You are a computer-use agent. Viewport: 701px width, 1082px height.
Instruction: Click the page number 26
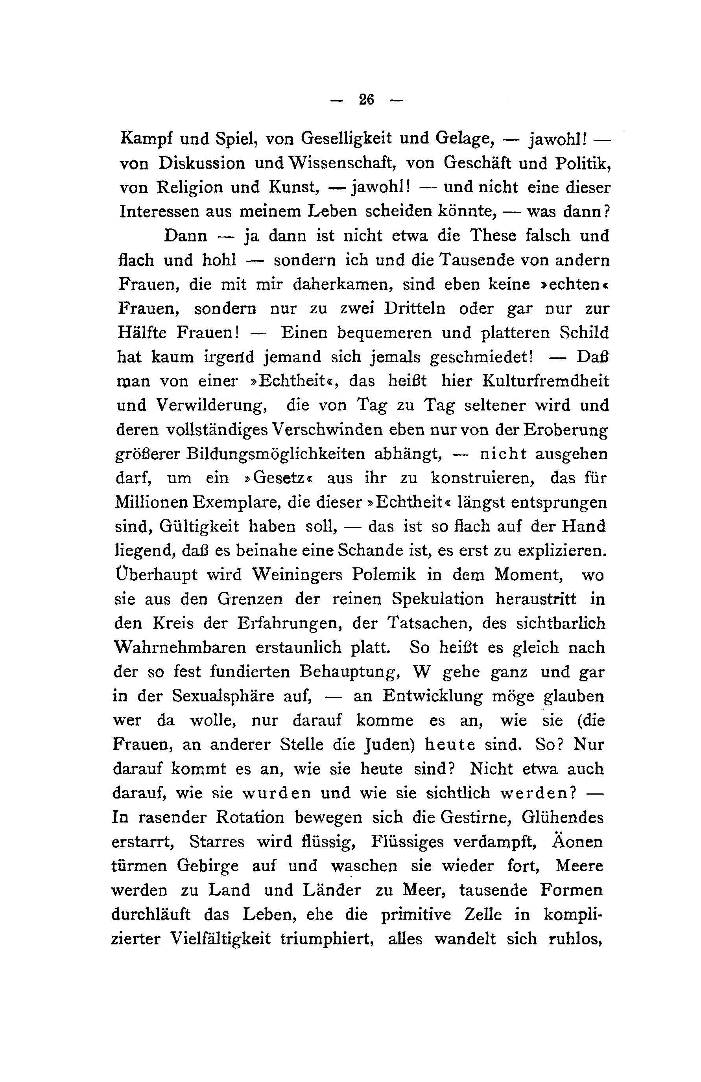tap(366, 99)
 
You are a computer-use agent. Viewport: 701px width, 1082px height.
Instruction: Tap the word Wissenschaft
tap(342, 163)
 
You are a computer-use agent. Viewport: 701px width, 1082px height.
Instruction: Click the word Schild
tap(584, 333)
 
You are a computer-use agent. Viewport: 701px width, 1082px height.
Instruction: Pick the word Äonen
tap(577, 841)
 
